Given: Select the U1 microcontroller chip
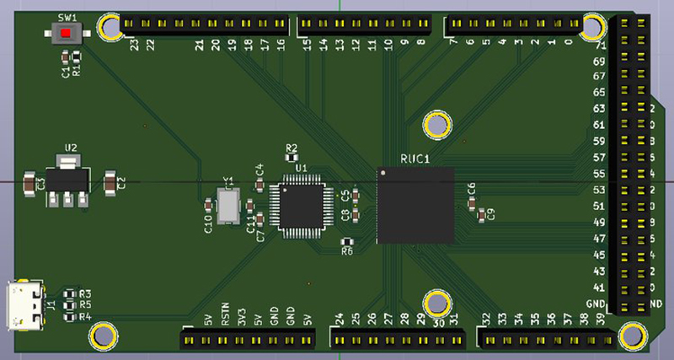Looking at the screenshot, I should coord(298,207).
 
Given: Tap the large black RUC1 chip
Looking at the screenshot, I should coord(415,206).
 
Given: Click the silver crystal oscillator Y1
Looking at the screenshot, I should coord(227,207).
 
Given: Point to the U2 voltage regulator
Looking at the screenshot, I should coord(65,179).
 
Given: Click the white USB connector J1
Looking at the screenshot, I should coord(24,306).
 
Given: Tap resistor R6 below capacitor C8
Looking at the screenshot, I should coord(347,242).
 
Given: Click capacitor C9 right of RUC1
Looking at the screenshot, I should coord(481,216).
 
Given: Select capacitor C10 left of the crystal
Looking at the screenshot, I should coord(208,205).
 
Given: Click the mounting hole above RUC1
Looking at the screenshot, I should coord(437,126).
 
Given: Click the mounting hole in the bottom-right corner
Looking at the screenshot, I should coord(630,336).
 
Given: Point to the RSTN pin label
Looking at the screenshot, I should coord(225,315).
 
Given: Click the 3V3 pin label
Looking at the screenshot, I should coord(241,317).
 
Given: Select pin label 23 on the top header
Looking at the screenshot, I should coord(135,45).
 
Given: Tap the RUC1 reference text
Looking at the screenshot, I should coord(415,159).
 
